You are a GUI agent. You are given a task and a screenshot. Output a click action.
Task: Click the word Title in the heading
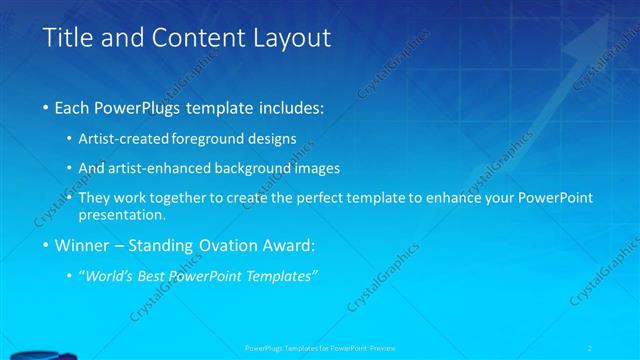click(x=67, y=39)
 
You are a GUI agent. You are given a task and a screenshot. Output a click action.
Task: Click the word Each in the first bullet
click(x=75, y=107)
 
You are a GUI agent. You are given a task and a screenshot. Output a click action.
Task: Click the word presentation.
click(x=129, y=214)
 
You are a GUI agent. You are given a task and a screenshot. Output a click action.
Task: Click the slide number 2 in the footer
click(x=618, y=348)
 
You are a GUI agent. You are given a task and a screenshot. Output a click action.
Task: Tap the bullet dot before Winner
click(x=47, y=245)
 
